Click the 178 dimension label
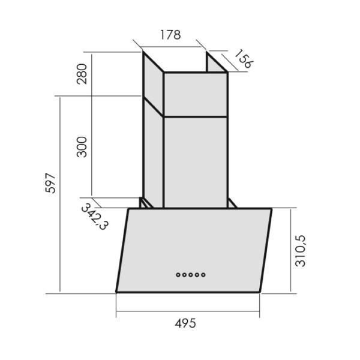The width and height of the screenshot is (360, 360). tap(170, 35)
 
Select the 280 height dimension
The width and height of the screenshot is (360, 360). tap(82, 74)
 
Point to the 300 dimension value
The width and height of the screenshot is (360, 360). tap(82, 147)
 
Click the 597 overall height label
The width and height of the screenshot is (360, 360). tap(50, 183)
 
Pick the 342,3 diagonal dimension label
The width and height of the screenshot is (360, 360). tap(95, 217)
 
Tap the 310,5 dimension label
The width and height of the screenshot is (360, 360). tap(301, 251)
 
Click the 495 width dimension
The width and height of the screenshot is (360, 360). tap(185, 324)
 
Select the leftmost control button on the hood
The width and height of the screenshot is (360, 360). tap(178, 275)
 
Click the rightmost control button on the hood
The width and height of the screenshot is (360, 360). tap(203, 275)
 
